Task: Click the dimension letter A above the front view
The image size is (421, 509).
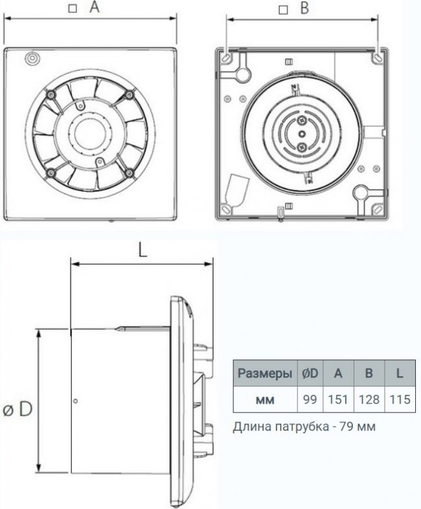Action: pyautogui.click(x=95, y=7)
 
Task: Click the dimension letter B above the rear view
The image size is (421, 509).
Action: pyautogui.click(x=304, y=8)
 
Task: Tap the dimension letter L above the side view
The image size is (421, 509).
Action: pyautogui.click(x=142, y=250)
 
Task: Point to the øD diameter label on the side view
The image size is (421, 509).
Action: pyautogui.click(x=18, y=409)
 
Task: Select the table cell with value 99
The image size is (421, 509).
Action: pyautogui.click(x=310, y=399)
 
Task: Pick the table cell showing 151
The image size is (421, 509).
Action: pyautogui.click(x=338, y=399)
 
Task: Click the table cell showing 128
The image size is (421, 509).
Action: pyautogui.click(x=369, y=399)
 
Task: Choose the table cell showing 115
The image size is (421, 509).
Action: pyautogui.click(x=400, y=399)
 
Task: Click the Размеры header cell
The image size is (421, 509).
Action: pyautogui.click(x=265, y=373)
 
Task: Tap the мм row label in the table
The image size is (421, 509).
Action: pyautogui.click(x=265, y=400)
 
